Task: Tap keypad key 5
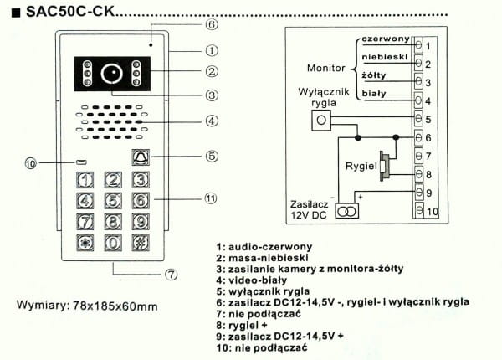point(113,200)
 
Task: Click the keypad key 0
point(113,244)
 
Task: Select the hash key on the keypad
point(141,244)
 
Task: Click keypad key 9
point(141,222)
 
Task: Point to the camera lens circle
point(110,73)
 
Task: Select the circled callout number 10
point(31,163)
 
